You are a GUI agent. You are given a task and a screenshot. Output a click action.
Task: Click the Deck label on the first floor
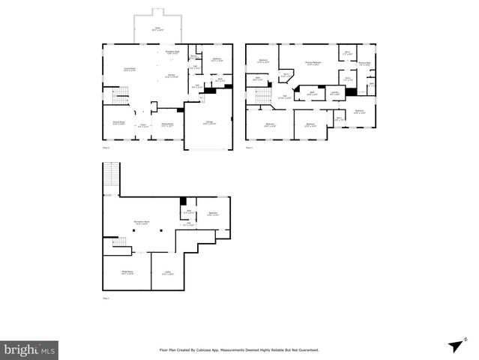point(157,29)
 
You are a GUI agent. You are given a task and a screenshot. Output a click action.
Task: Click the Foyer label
point(142,126)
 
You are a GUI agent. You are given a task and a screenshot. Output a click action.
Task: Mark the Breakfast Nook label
point(172,52)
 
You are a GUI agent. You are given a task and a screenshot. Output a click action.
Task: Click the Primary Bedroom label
point(313,64)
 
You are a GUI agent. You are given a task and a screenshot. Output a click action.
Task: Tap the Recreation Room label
point(142,222)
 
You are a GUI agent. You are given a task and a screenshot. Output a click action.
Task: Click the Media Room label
point(127,272)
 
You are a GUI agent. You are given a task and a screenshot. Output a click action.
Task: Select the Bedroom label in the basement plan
point(213,214)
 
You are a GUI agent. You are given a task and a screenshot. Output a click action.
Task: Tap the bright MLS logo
point(29,349)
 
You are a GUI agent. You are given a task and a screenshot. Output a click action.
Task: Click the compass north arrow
point(454,346)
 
